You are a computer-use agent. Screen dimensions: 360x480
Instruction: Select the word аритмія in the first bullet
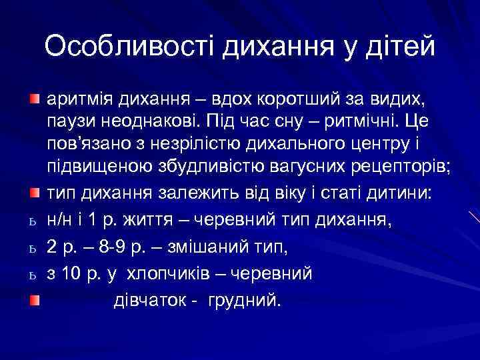[80, 101]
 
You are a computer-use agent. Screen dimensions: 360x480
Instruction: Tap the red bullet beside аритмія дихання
[34, 101]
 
